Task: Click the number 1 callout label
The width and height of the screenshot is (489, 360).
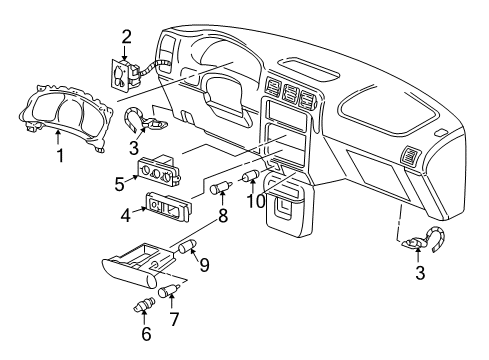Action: [59, 156]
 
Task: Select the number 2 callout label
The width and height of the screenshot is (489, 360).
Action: [126, 38]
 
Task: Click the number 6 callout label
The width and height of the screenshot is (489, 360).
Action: [146, 333]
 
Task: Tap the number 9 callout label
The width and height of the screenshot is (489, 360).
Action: [204, 265]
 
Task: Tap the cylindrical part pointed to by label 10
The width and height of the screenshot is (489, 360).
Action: [250, 179]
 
